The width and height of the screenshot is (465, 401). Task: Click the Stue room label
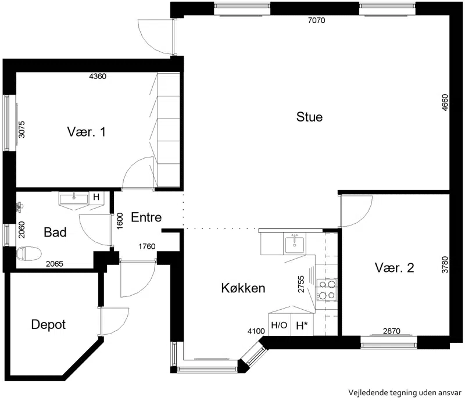click(309, 117)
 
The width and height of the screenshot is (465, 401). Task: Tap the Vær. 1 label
click(86, 132)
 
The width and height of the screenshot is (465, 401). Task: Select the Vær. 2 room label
click(395, 268)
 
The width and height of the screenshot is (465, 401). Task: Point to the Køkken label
click(243, 288)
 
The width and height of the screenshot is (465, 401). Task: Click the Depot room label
click(48, 325)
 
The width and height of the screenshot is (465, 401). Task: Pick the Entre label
click(146, 217)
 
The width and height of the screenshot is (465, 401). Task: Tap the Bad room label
click(55, 232)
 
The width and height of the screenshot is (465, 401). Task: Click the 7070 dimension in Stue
click(317, 20)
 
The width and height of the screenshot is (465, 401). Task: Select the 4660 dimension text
click(445, 103)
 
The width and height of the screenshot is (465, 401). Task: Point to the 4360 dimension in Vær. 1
click(98, 76)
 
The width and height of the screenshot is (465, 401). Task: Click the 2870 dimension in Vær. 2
click(392, 331)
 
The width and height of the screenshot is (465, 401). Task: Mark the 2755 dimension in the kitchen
click(301, 284)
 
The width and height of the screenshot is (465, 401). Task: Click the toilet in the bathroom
click(28, 253)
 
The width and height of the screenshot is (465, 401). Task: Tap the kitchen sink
click(295, 244)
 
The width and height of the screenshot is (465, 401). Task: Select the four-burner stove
click(327, 289)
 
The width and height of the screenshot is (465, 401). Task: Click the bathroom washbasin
click(74, 198)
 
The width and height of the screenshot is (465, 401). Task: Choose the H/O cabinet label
click(279, 325)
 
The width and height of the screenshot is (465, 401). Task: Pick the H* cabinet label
click(302, 325)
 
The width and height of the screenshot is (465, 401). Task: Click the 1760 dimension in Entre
click(147, 246)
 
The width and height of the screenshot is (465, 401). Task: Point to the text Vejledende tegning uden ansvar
click(405, 393)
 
